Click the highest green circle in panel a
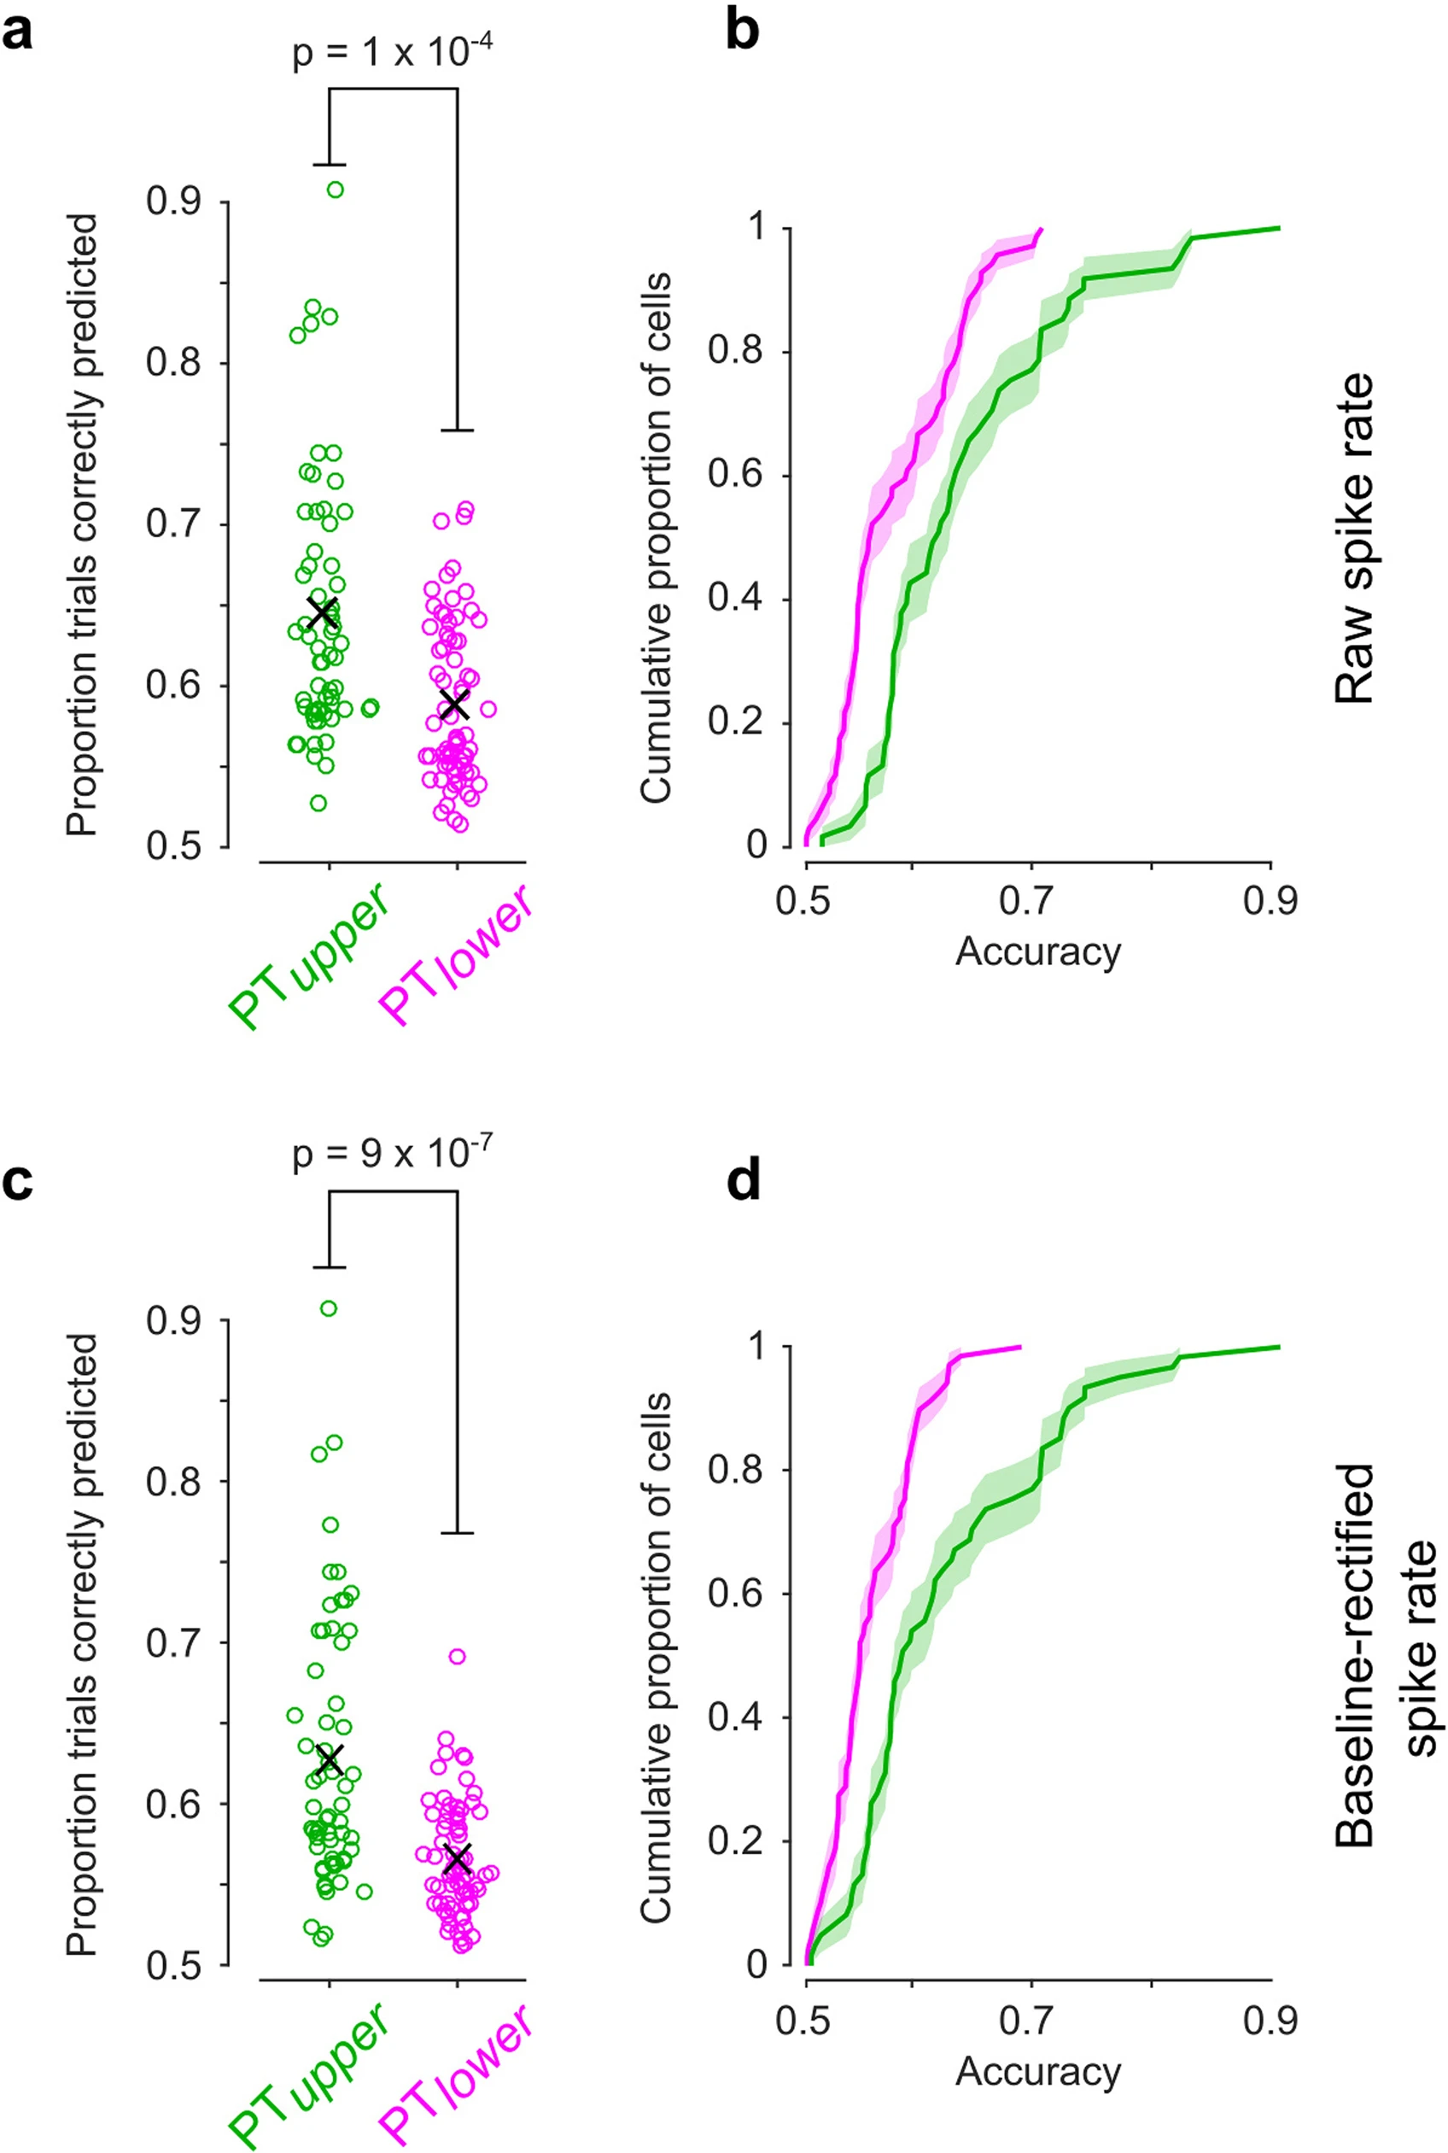336,190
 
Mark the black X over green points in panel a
322,611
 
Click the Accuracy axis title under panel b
1038,951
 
